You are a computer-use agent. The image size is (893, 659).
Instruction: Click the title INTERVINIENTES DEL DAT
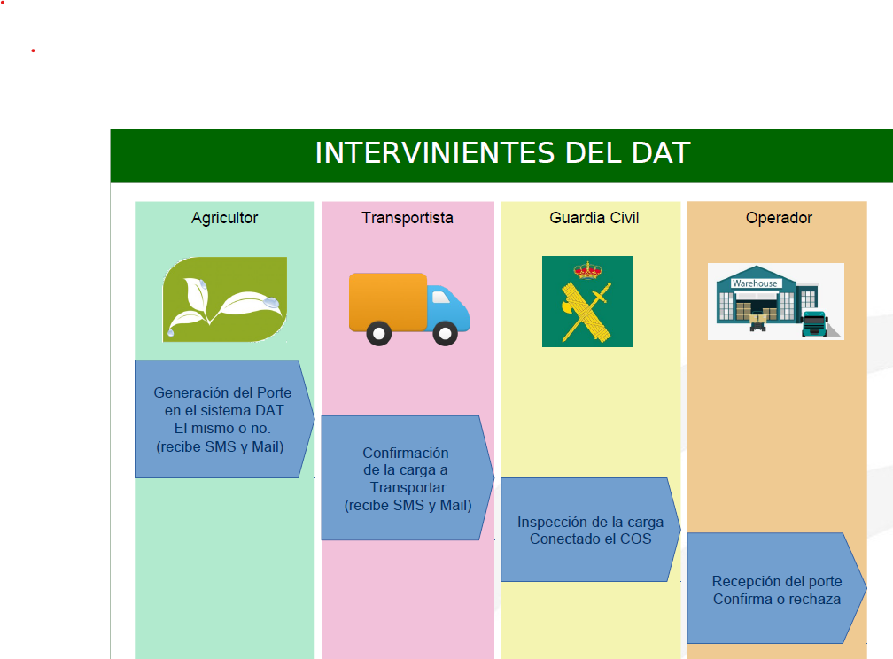click(502, 153)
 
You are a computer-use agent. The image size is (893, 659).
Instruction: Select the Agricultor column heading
click(224, 218)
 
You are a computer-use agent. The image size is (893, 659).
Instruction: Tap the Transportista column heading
click(408, 218)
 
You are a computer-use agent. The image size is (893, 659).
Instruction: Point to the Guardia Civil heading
click(594, 218)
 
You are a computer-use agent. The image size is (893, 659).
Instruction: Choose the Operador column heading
click(779, 218)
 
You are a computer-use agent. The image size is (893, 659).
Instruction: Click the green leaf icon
click(225, 299)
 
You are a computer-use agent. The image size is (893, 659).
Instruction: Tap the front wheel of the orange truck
click(445, 333)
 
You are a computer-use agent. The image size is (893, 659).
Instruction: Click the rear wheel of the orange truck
click(379, 333)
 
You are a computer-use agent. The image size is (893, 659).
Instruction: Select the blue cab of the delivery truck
click(448, 307)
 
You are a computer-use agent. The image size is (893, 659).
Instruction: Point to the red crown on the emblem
click(587, 269)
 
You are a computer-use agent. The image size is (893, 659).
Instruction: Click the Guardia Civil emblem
click(587, 301)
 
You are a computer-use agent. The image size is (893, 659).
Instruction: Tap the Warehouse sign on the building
click(755, 283)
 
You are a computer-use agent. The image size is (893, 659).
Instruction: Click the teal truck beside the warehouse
click(815, 323)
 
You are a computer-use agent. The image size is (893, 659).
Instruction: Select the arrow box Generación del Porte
click(224, 419)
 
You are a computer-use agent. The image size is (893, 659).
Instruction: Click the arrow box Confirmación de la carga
click(408, 478)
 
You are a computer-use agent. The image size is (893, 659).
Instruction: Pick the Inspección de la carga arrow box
click(591, 530)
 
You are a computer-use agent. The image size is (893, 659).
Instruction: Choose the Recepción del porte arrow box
click(777, 588)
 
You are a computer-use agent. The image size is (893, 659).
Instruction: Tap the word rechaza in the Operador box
click(814, 599)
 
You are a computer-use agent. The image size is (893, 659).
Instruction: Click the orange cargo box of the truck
click(388, 302)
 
